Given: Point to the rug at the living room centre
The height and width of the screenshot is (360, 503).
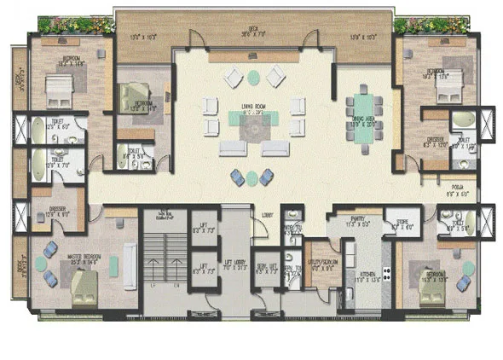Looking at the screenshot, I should [251, 128].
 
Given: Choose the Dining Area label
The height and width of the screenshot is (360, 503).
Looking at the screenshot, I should [364, 100].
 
